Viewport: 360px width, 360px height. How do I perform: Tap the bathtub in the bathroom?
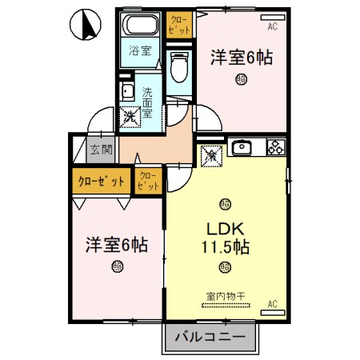[x=142, y=25]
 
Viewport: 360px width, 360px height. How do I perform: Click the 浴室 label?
[x=141, y=53]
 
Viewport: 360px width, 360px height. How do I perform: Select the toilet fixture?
[x=178, y=66]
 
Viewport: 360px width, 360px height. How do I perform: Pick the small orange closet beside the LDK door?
[x=148, y=180]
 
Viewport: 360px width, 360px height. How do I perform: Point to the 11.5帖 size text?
[x=226, y=246]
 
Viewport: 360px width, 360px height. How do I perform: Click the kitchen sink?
[x=242, y=147]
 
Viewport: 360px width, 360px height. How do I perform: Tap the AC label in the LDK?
[x=272, y=303]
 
